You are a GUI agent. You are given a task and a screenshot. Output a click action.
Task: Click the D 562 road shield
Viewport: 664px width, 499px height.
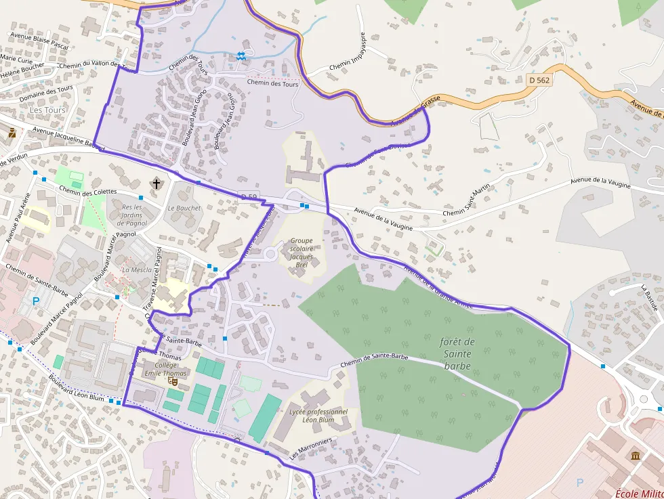[x=539, y=80]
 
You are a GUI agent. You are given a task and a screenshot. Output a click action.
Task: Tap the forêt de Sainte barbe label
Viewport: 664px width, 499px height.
[x=457, y=353]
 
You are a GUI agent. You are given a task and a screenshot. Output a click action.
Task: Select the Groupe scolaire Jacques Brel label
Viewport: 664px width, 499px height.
[x=302, y=253]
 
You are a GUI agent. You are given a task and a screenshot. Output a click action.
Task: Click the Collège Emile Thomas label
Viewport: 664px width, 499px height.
[x=165, y=369]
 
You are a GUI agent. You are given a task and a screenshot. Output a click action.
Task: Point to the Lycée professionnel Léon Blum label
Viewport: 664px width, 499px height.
[x=318, y=415]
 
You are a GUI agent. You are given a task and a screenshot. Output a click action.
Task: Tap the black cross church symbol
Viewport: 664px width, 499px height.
[x=157, y=183]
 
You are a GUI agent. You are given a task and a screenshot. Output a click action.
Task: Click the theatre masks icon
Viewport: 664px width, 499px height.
[x=172, y=381]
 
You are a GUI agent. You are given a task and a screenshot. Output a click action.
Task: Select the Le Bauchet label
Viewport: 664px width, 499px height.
[x=184, y=208]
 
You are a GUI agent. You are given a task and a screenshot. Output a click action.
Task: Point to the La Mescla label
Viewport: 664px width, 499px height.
[x=137, y=269]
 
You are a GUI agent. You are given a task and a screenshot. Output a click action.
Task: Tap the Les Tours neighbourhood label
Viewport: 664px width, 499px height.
[x=48, y=110]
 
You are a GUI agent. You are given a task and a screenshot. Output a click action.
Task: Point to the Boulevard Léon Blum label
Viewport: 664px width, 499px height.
[x=77, y=389]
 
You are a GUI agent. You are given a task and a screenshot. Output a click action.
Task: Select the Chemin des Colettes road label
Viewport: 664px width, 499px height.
[x=87, y=192]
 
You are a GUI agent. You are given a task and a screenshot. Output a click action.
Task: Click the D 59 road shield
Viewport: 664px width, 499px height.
[x=249, y=197]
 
